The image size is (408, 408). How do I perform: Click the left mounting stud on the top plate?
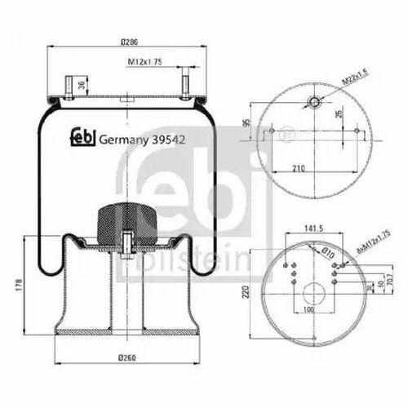(x=67, y=87)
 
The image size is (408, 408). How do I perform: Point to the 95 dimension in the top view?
(x=246, y=123)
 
